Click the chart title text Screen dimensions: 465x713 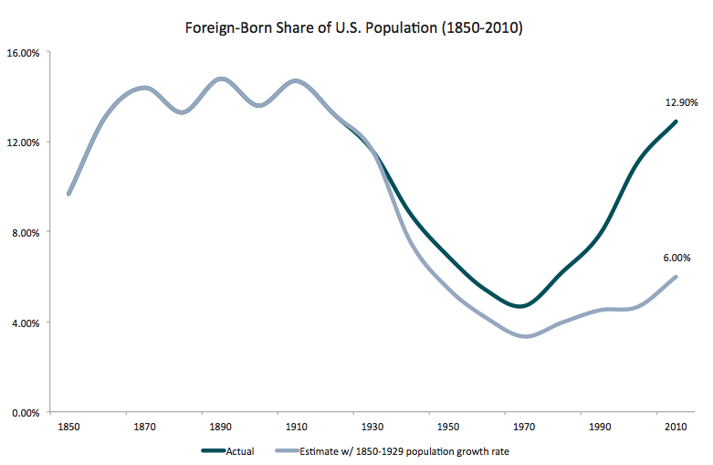pyautogui.click(x=354, y=27)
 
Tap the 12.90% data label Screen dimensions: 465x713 pyautogui.click(x=680, y=103)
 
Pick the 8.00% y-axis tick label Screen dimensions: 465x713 pyautogui.click(x=25, y=233)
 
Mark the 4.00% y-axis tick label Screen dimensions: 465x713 pyautogui.click(x=25, y=322)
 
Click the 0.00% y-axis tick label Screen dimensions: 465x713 pyautogui.click(x=25, y=413)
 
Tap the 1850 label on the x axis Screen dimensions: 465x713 pyautogui.click(x=68, y=428)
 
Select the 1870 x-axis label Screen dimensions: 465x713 pyautogui.click(x=144, y=428)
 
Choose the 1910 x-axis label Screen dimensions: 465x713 pyautogui.click(x=296, y=428)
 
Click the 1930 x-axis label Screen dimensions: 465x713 pyautogui.click(x=372, y=428)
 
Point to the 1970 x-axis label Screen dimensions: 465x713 pyautogui.click(x=523, y=428)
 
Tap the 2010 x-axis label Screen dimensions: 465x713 pyautogui.click(x=676, y=428)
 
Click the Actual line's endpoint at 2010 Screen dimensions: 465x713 pyautogui.click(x=676, y=122)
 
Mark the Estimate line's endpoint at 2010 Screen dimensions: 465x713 pyautogui.click(x=676, y=277)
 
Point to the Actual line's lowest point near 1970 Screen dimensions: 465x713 pyautogui.click(x=521, y=306)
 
